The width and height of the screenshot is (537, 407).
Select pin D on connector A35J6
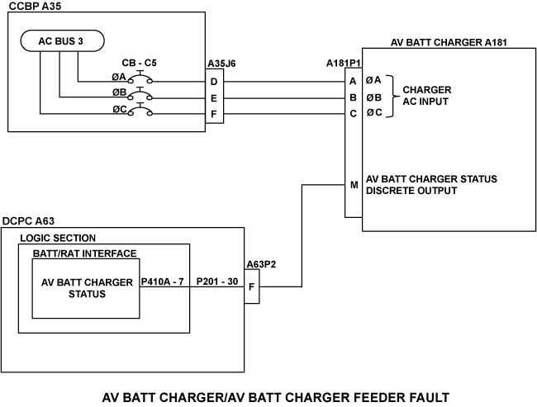pyautogui.click(x=215, y=81)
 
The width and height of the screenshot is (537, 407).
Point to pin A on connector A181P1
pyautogui.click(x=353, y=81)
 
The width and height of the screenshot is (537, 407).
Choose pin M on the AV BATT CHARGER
pyautogui.click(x=354, y=185)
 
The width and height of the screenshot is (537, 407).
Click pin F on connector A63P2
pyautogui.click(x=252, y=287)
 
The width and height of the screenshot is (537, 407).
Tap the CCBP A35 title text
pyautogui.click(x=36, y=7)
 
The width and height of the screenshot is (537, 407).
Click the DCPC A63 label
pyautogui.click(x=31, y=220)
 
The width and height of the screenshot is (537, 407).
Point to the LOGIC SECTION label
pyautogui.click(x=58, y=238)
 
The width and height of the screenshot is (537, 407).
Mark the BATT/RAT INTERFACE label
pyautogui.click(x=84, y=253)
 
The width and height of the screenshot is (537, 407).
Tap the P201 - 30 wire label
pyautogui.click(x=218, y=282)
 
